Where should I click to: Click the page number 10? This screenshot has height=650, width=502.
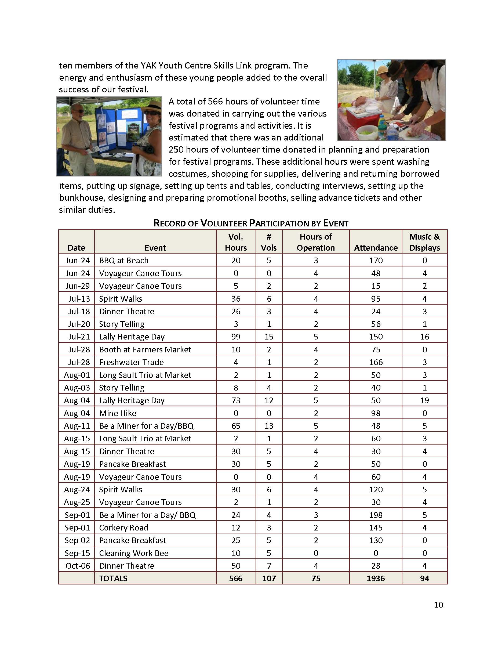(x=438, y=605)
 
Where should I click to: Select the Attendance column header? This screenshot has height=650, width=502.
(x=376, y=248)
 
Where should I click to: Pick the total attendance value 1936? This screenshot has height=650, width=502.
(x=376, y=578)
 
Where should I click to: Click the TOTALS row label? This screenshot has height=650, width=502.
(x=113, y=578)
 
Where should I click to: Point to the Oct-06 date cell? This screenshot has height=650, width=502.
(x=78, y=565)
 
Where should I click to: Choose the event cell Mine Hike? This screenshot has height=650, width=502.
(x=118, y=413)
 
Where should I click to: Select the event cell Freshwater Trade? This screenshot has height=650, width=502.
(x=131, y=362)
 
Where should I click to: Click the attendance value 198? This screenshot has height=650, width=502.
(x=376, y=515)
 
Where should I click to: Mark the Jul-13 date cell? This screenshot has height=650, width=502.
(x=79, y=298)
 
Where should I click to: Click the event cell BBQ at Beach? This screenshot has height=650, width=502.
(x=123, y=261)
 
